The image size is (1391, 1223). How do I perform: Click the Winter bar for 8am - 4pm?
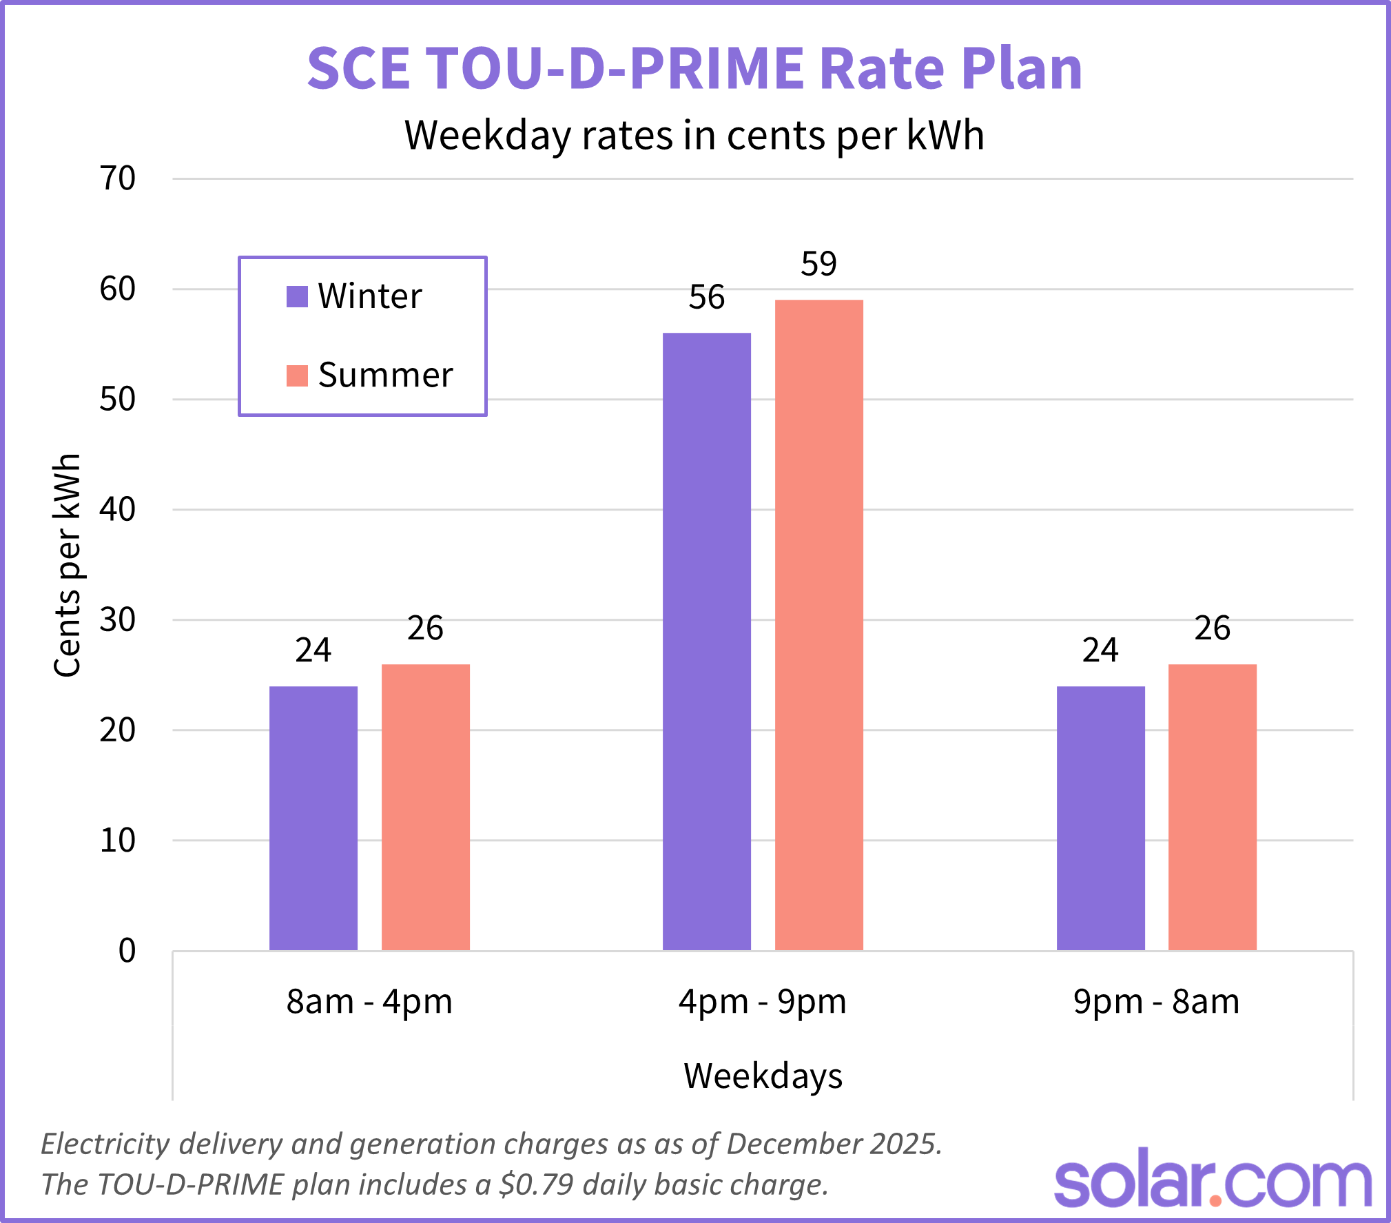pyautogui.click(x=313, y=819)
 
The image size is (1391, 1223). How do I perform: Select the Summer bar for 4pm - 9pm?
pyautogui.click(x=818, y=625)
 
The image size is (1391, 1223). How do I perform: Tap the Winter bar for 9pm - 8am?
pyautogui.click(x=1100, y=819)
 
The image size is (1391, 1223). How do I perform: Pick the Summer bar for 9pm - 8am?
pyautogui.click(x=1213, y=808)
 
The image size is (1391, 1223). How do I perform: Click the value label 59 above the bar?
pyautogui.click(x=818, y=264)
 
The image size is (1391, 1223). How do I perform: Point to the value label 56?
pyautogui.click(x=707, y=298)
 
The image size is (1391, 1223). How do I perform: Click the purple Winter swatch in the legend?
pyautogui.click(x=297, y=297)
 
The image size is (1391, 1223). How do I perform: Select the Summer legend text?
pyautogui.click(x=385, y=376)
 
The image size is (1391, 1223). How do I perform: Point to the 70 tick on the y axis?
pyautogui.click(x=118, y=179)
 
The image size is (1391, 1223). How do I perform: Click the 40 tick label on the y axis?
pyautogui.click(x=118, y=510)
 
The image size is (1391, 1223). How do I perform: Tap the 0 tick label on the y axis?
pyautogui.click(x=127, y=951)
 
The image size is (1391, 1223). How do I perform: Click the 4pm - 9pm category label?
pyautogui.click(x=763, y=1002)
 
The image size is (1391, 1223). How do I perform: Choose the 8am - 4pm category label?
pyautogui.click(x=369, y=1002)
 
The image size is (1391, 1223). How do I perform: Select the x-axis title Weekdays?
pyautogui.click(x=763, y=1076)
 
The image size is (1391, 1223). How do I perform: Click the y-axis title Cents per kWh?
pyautogui.click(x=68, y=565)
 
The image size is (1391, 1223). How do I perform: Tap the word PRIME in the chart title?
pyautogui.click(x=717, y=69)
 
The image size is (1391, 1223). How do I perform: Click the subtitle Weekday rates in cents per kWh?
pyautogui.click(x=694, y=135)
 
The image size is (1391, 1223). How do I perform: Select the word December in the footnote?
pyautogui.click(x=784, y=1144)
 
